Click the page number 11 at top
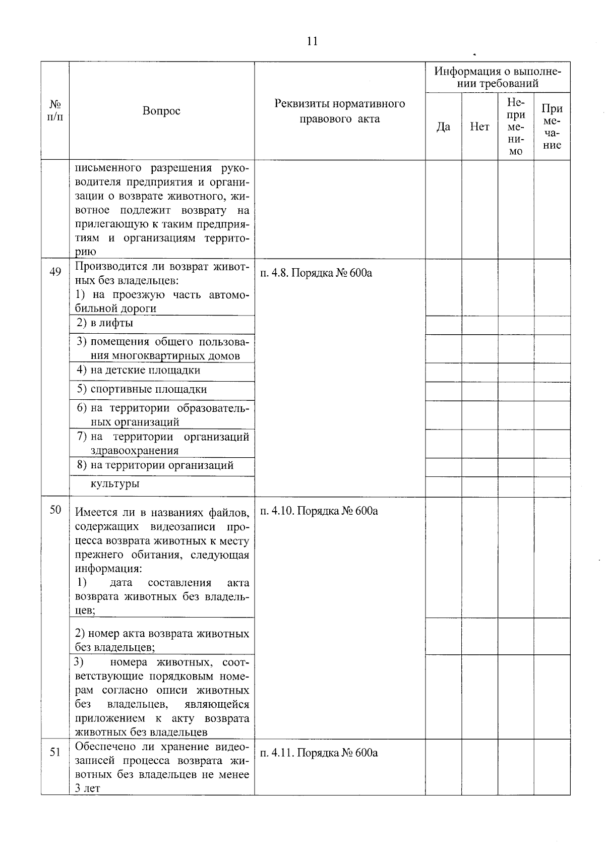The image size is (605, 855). (312, 41)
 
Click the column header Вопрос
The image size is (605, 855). (161, 111)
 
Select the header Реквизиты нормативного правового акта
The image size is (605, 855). (339, 111)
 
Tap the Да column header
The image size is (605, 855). (443, 127)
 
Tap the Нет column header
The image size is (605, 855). (479, 127)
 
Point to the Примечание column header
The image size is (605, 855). (552, 127)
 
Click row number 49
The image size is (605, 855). (55, 272)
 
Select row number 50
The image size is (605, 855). (55, 510)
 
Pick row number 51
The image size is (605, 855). (55, 752)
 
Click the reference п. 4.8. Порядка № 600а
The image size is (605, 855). (316, 273)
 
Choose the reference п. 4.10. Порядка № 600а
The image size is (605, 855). (319, 511)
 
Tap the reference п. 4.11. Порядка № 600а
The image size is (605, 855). (319, 753)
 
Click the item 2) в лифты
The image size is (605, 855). (105, 323)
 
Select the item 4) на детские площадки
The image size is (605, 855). (139, 370)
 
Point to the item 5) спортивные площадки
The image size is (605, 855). (142, 389)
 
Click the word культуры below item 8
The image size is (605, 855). (115, 484)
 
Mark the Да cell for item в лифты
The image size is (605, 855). (443, 325)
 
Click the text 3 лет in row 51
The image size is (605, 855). (87, 788)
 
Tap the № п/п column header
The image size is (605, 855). (55, 111)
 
